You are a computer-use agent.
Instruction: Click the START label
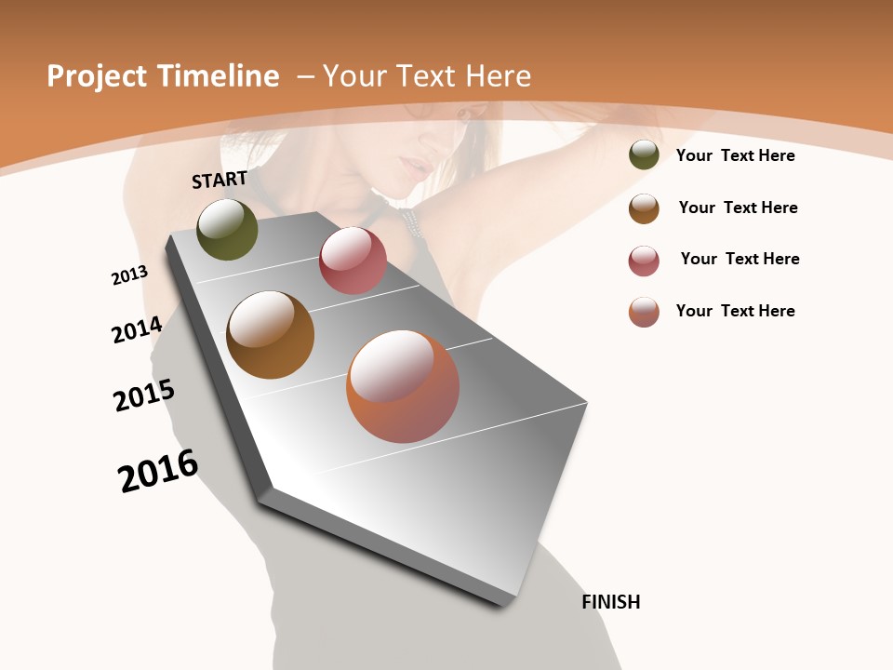point(220,180)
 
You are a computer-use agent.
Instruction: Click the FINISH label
point(610,602)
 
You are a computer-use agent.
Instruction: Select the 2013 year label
point(129,275)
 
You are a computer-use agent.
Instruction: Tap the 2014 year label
point(137,329)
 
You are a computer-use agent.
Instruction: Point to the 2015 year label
point(144,395)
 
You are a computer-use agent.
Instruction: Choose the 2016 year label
point(158,471)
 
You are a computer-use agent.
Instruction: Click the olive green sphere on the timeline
point(227,229)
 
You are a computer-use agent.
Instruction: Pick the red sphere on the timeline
point(353,261)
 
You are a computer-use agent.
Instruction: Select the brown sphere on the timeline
point(270,335)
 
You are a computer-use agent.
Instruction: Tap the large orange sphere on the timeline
point(403,386)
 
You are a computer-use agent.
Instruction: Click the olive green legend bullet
point(644,155)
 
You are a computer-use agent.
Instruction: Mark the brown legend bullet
point(644,208)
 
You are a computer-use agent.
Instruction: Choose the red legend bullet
point(644,261)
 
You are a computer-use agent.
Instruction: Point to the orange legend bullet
point(644,312)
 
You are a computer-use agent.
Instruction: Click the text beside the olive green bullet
point(735,155)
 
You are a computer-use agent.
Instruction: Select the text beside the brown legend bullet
point(738,208)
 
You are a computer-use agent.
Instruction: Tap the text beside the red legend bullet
point(740,259)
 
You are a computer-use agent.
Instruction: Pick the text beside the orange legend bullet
point(735,311)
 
